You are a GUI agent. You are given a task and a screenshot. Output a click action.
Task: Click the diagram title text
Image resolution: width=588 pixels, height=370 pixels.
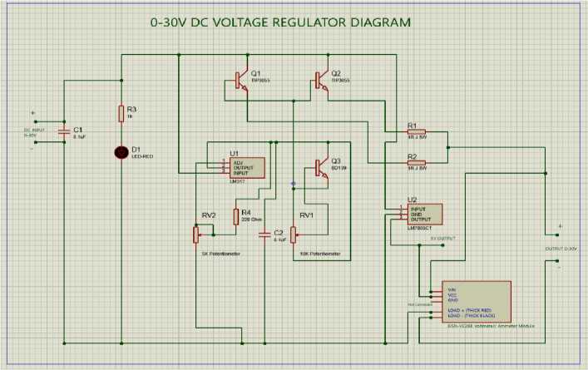(280, 22)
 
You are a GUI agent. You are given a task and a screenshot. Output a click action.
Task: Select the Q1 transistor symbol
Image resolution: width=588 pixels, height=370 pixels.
(240, 81)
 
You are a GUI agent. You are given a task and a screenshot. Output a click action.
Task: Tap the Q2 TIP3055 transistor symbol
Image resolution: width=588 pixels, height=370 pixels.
(320, 81)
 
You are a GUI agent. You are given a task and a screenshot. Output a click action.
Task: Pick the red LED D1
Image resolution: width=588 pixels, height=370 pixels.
(122, 152)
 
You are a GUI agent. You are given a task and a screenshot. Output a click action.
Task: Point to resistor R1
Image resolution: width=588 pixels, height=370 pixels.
(416, 131)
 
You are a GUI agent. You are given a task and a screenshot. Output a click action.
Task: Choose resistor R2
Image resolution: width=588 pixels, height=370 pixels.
(416, 163)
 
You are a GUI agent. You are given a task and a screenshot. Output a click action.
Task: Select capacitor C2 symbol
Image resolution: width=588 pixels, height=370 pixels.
(264, 235)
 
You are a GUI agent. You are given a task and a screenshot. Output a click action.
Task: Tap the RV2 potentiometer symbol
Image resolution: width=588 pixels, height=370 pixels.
(196, 234)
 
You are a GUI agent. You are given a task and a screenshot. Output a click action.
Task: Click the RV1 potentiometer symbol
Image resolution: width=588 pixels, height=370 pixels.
(293, 234)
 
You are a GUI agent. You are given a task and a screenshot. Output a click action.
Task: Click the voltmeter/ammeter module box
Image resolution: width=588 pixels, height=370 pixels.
(475, 303)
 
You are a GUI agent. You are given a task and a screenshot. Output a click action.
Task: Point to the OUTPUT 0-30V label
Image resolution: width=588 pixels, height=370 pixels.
(560, 248)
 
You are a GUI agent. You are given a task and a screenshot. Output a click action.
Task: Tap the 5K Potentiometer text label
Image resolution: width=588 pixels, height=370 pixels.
(220, 254)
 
